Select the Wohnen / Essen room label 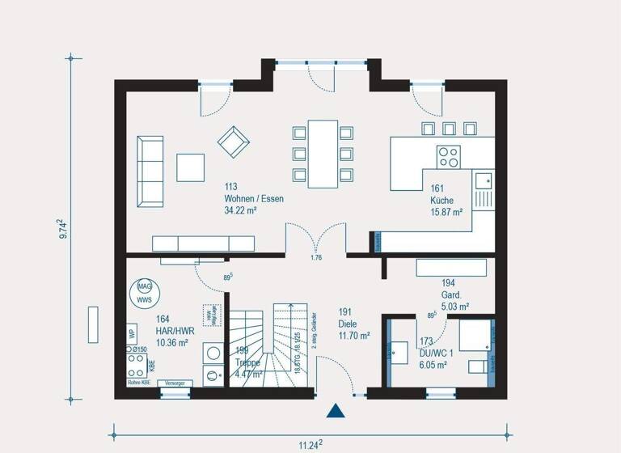254,198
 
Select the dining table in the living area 323,153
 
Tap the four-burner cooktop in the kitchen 448,156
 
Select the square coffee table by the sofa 192,167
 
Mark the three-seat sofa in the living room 150,170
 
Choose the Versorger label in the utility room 175,383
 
